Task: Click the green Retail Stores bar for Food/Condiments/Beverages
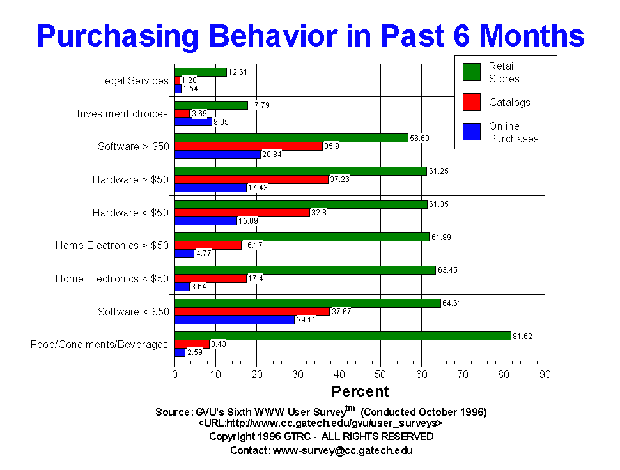click(343, 336)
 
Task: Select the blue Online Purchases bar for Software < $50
click(235, 319)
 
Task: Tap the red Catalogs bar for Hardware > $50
click(251, 179)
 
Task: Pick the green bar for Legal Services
click(201, 72)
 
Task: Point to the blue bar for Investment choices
click(193, 121)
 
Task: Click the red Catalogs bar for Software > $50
click(249, 146)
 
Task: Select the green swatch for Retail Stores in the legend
click(472, 72)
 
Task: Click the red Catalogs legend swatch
click(472, 102)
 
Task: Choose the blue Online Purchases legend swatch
click(472, 132)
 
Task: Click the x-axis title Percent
click(360, 391)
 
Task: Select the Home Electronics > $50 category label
click(112, 245)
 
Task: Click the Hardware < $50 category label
click(130, 212)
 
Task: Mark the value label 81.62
click(523, 336)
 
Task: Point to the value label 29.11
click(306, 319)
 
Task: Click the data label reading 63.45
click(447, 269)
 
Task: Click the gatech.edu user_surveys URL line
click(320, 423)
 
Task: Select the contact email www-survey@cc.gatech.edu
click(343, 450)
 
